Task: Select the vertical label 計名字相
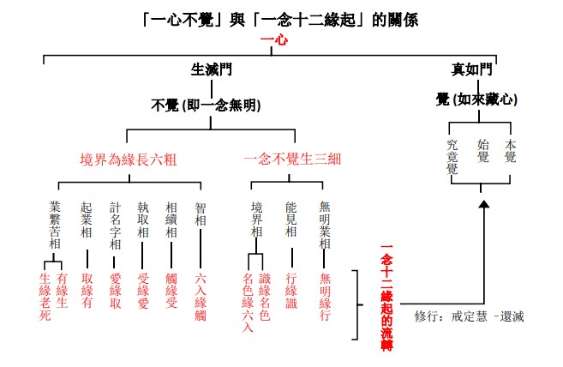[x=115, y=226]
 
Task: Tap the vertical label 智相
[x=200, y=212]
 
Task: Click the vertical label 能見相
[x=291, y=219]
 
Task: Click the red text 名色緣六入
[x=248, y=301]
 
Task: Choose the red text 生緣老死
[x=45, y=296]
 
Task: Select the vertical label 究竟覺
[x=453, y=156]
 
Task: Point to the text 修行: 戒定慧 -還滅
[x=468, y=316]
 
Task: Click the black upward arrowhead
[x=483, y=203]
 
